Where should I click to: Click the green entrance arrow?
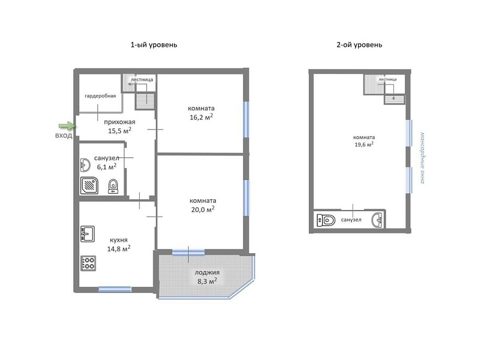point(67,125)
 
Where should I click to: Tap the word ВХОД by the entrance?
point(64,136)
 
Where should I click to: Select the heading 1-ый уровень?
point(154,45)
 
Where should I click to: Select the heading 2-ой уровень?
point(359,45)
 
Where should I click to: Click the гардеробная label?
point(100,96)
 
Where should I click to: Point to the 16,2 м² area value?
point(202,117)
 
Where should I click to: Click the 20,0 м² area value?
point(203,209)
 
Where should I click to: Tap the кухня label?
point(119,240)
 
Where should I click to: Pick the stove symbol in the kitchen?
point(88,263)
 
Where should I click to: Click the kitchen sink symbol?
point(88,234)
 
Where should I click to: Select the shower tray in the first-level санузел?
point(89,185)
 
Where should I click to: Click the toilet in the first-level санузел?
point(113,187)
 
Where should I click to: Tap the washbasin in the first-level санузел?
point(85,165)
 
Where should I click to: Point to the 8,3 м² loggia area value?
point(207,281)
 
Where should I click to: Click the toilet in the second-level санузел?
point(326,220)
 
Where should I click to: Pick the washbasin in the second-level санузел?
point(377,220)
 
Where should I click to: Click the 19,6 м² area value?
point(364,144)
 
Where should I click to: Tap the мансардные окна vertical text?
point(422,158)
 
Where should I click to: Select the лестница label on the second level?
point(387,79)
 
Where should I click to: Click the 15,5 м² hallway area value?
point(119,131)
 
